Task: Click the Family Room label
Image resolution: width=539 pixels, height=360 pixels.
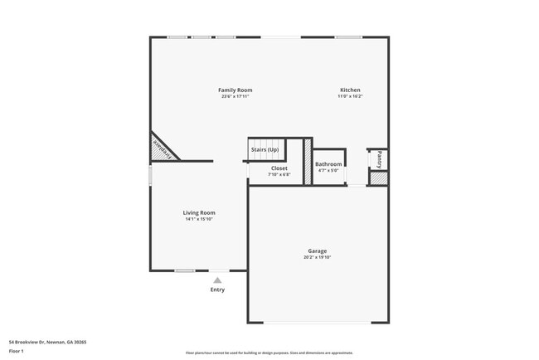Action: [x=235, y=90]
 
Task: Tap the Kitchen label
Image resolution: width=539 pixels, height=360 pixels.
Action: [x=350, y=90]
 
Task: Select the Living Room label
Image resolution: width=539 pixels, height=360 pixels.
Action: [x=199, y=212]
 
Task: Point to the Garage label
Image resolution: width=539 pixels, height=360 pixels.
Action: [x=317, y=251]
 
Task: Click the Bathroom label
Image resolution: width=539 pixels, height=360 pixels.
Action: [x=328, y=164]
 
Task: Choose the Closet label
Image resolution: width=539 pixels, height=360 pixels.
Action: [x=279, y=168]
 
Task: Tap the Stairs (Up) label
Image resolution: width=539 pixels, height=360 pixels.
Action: [x=265, y=149]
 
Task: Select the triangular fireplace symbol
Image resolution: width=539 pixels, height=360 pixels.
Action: [x=162, y=148]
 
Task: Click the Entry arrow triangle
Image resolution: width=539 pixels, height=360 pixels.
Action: [x=217, y=280]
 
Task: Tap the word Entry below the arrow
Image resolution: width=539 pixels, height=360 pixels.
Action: [x=217, y=289]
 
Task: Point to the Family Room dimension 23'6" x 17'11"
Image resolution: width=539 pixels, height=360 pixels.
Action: [x=235, y=96]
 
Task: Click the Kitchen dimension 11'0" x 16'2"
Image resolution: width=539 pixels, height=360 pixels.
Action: [x=350, y=96]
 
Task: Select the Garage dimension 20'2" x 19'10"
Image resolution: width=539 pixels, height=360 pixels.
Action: [x=317, y=257]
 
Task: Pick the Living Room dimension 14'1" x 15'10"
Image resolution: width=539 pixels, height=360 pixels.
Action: [x=199, y=219]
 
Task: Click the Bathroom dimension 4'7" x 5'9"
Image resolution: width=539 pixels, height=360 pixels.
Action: [x=328, y=171]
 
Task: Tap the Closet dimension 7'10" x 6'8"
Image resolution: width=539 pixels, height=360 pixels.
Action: [x=279, y=174]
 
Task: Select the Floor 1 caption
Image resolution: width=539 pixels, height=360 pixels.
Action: [x=17, y=351]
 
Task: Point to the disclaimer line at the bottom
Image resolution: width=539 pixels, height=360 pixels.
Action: [x=269, y=353]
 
